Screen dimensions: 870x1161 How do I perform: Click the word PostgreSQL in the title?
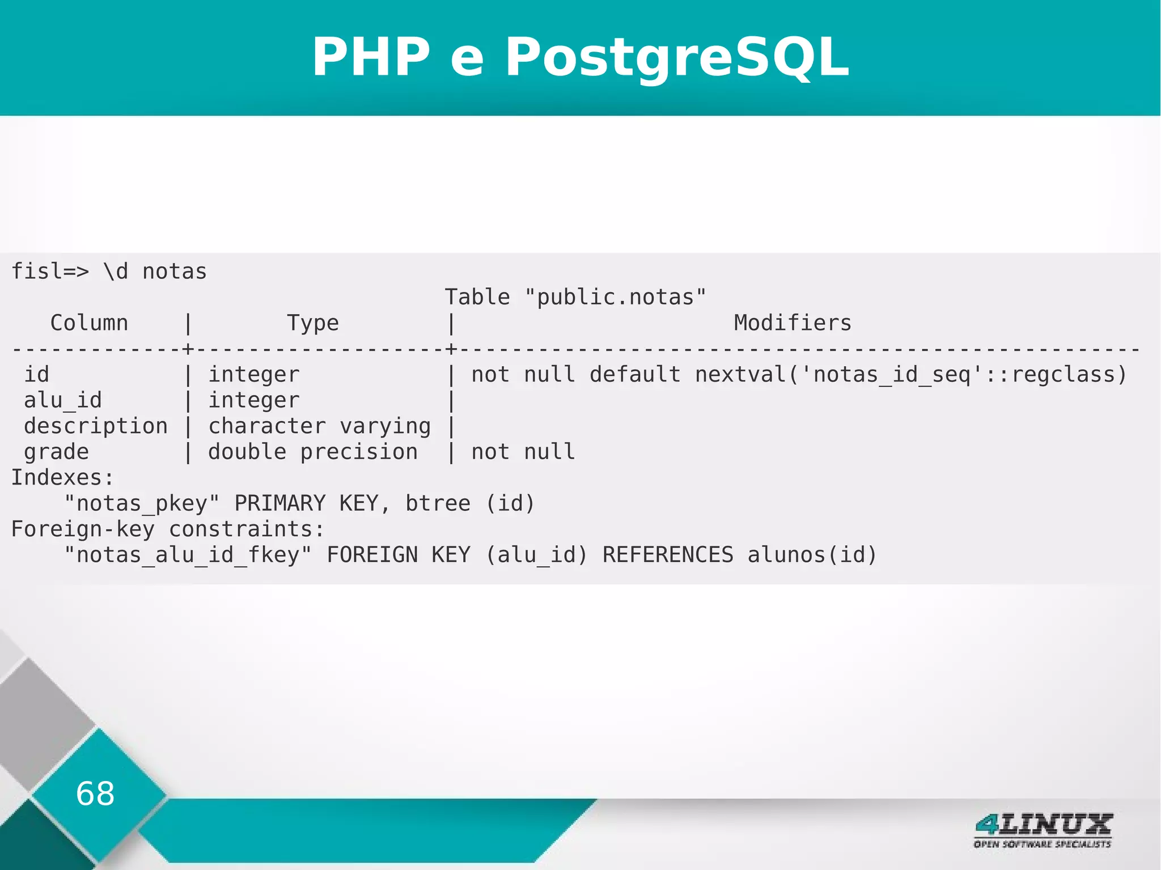[x=677, y=57]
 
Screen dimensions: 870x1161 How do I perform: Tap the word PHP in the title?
[x=371, y=57]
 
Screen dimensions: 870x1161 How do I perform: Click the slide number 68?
[x=95, y=793]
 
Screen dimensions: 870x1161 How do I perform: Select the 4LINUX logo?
[x=1043, y=830]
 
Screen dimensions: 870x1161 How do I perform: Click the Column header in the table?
[x=89, y=323]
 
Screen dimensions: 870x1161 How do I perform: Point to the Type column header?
[x=312, y=323]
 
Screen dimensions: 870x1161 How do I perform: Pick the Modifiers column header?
[x=792, y=323]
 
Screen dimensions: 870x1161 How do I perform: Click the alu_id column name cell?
[x=62, y=400]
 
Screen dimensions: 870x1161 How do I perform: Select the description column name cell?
[x=95, y=426]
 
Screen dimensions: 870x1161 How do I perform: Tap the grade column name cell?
[x=56, y=452]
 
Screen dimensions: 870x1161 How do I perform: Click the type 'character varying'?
[x=319, y=426]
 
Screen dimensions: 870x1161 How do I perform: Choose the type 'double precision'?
[x=312, y=452]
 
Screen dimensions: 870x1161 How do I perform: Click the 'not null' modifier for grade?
[x=523, y=452]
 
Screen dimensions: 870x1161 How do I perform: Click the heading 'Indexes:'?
[x=62, y=478]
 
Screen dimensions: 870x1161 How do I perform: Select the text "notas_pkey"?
[x=142, y=503]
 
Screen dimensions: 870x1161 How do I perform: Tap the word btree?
[x=438, y=503]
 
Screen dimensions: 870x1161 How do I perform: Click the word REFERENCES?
[x=667, y=555]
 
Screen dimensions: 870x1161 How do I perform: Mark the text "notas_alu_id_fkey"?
[x=188, y=555]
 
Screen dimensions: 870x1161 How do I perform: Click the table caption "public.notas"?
[x=615, y=297]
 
